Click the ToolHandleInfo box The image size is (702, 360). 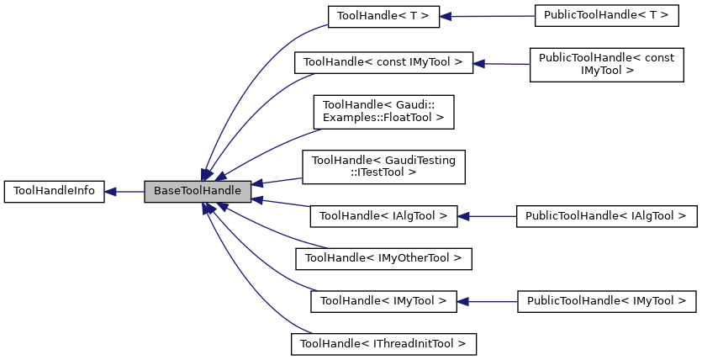pos(54,191)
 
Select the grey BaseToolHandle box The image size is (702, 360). pos(198,191)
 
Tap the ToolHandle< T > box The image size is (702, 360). pos(383,16)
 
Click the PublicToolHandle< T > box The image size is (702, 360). pos(589,16)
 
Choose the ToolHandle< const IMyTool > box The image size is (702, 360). pos(383,62)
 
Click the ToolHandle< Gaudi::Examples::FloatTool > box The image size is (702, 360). pos(383,112)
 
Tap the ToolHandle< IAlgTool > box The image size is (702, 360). pos(383,216)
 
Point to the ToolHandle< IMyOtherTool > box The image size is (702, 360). pos(383,257)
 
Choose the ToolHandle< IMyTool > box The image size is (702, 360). pos(383,300)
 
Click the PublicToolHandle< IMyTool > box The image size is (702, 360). pos(605,300)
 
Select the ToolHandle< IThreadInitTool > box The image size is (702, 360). pos(383,343)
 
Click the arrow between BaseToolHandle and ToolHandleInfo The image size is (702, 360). pos(124,191)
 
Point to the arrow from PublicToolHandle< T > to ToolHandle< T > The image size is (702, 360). pos(488,16)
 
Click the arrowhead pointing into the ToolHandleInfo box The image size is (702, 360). pos(111,191)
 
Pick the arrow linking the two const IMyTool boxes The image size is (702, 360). pos(501,63)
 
